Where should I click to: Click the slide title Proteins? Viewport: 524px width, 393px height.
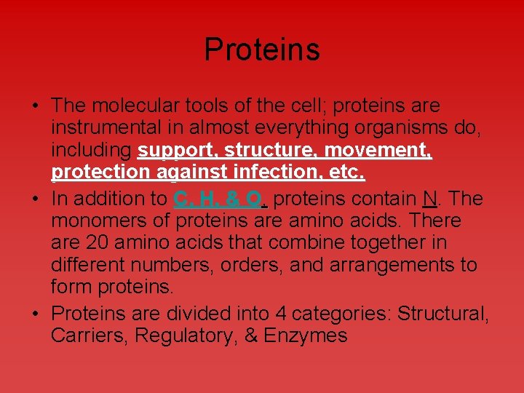pos(262,49)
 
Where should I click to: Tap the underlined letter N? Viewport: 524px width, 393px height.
pos(429,199)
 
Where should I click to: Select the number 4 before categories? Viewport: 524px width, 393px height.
pos(280,314)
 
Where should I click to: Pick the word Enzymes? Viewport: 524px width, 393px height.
pos(305,336)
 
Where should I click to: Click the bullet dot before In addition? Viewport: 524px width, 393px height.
pos(36,199)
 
